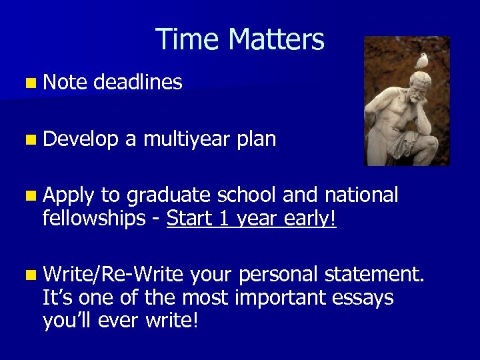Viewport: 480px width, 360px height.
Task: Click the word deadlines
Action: coord(138,83)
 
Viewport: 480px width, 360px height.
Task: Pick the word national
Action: coord(361,195)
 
